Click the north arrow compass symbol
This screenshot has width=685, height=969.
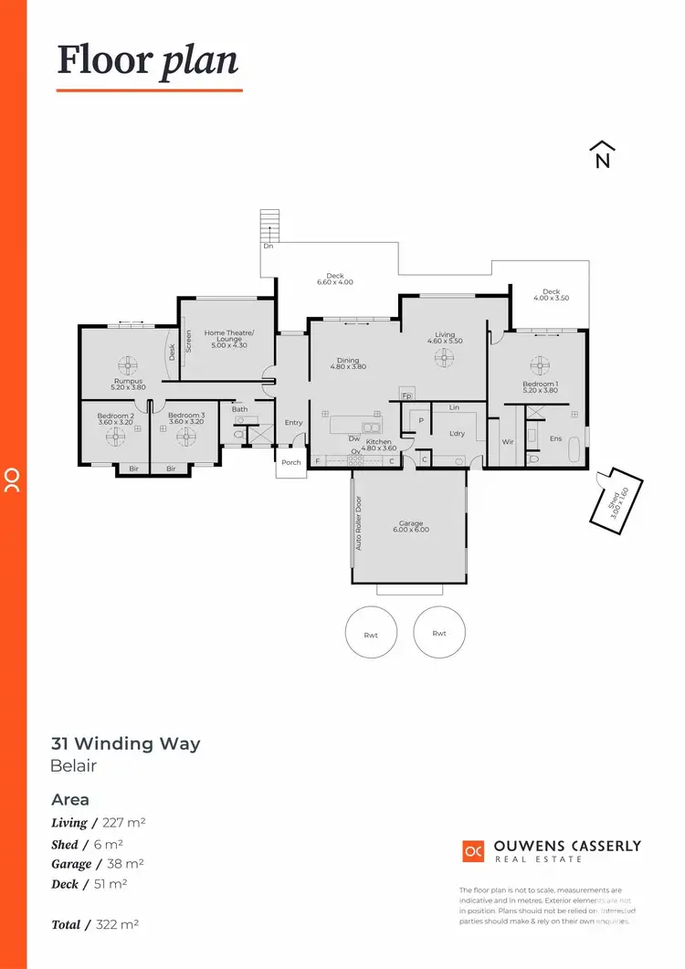pos(602,155)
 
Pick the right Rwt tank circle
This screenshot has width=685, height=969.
pos(439,632)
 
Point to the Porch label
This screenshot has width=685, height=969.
pos(290,462)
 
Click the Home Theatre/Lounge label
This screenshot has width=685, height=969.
pos(229,338)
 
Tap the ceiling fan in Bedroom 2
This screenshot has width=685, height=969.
pos(116,437)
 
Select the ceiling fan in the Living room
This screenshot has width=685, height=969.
pos(445,357)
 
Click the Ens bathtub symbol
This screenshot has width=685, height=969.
pos(573,449)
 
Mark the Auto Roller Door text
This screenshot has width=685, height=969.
pos(359,523)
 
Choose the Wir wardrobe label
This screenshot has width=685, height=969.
pos(508,441)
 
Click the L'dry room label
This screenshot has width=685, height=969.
pos(457,434)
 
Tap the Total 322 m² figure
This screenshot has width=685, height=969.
pos(95,924)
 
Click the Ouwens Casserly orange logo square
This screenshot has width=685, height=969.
pos(473,850)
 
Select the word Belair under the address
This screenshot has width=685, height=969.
pos(73,766)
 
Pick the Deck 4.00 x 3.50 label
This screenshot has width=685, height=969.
pos(551,295)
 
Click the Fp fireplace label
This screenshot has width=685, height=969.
pos(407,397)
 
